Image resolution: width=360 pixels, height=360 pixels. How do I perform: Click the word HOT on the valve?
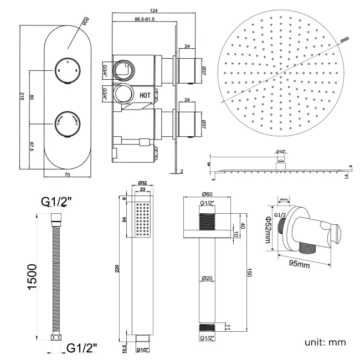[145, 95]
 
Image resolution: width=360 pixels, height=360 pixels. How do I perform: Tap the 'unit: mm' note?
[325, 342]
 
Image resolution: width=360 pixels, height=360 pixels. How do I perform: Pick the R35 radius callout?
[84, 23]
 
